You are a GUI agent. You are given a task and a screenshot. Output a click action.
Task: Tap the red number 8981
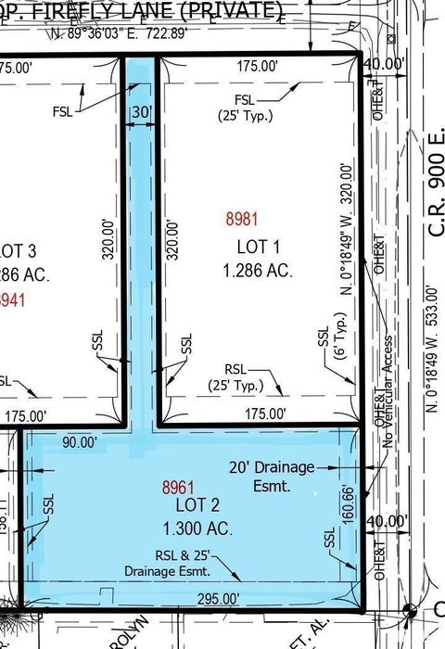[x=241, y=220]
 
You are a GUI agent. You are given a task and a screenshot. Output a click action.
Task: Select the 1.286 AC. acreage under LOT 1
[x=257, y=272]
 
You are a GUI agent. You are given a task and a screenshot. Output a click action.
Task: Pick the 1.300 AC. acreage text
[x=197, y=529]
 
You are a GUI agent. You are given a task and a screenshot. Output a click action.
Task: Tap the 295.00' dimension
[x=217, y=599]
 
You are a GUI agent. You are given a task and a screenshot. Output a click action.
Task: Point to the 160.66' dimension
[x=347, y=504]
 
